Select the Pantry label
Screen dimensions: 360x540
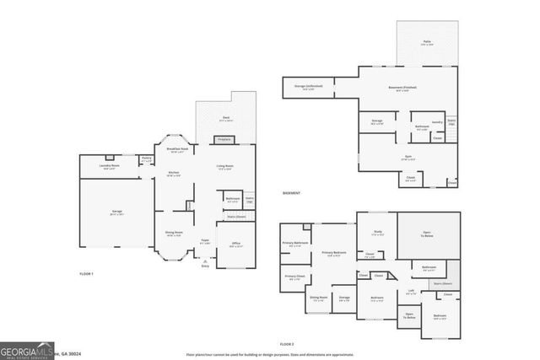(x=146, y=158)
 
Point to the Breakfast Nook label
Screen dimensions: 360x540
(x=178, y=150)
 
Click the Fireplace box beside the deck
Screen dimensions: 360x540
(x=224, y=139)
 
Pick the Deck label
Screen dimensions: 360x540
(x=226, y=118)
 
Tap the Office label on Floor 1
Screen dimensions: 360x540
(x=235, y=244)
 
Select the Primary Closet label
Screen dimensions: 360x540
(x=294, y=277)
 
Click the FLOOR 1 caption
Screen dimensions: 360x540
(x=86, y=274)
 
